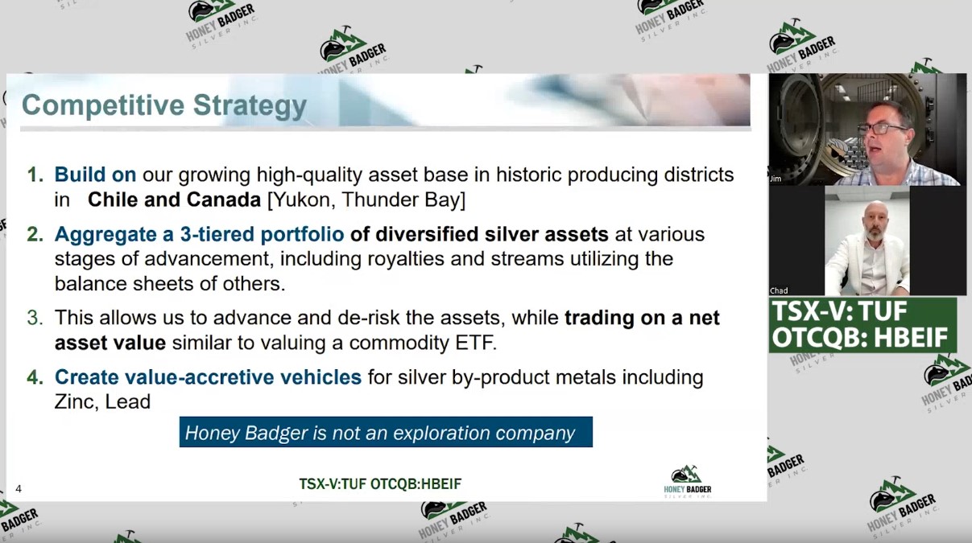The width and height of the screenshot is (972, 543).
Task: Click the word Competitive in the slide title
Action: (103, 105)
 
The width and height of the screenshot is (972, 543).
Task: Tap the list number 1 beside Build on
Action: (35, 175)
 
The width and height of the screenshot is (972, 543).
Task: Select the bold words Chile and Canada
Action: (174, 200)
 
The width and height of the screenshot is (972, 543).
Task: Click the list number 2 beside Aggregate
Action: (35, 234)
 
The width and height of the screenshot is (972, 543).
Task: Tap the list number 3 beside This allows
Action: (35, 318)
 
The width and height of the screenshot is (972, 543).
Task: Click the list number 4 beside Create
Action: (35, 377)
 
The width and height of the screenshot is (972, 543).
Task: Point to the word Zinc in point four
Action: (77, 401)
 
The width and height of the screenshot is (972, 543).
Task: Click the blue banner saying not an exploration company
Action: (386, 432)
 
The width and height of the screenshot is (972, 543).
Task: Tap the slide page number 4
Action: (19, 489)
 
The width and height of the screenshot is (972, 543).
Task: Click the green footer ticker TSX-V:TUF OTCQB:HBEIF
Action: (380, 483)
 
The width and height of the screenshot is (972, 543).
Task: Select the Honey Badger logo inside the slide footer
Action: (688, 482)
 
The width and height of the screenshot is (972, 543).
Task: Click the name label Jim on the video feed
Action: (776, 179)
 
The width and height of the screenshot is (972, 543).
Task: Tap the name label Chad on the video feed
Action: (779, 290)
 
